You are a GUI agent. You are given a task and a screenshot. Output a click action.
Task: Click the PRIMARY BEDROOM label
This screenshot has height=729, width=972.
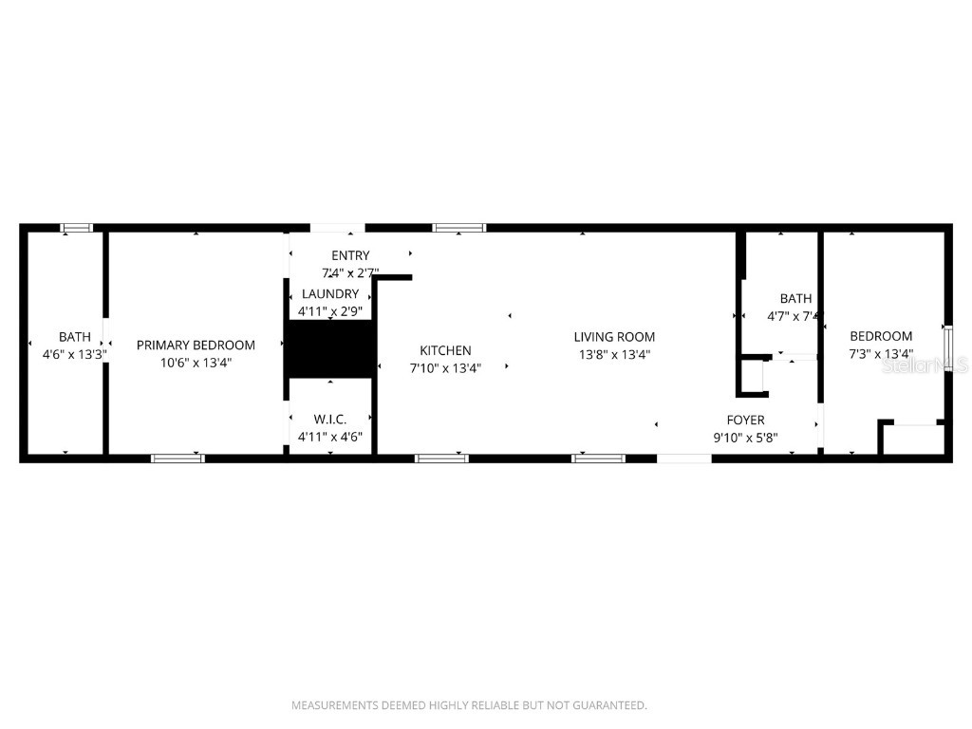click(x=196, y=346)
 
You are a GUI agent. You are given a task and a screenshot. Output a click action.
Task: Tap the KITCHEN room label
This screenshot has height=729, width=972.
click(x=445, y=351)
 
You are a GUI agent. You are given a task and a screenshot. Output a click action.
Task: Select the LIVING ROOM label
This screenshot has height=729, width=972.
click(x=614, y=337)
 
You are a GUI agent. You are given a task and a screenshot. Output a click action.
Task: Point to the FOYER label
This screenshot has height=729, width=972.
click(x=745, y=420)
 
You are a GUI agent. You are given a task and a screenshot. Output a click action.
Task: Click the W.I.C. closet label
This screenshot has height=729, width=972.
click(x=329, y=419)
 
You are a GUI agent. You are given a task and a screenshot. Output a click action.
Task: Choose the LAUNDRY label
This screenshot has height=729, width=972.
click(x=330, y=294)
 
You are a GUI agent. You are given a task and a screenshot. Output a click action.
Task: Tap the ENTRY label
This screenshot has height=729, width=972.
click(x=350, y=255)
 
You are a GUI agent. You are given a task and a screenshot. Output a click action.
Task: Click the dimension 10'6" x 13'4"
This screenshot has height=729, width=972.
click(x=196, y=363)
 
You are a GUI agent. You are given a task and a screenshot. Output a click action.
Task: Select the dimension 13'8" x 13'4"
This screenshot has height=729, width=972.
click(x=614, y=355)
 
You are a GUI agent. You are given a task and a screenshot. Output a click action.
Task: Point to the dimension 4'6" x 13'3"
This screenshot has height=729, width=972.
click(x=75, y=354)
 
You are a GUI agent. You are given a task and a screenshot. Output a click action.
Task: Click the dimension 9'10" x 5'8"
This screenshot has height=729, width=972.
click(x=745, y=438)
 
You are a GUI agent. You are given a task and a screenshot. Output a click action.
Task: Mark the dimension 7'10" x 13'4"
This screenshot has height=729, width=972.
click(x=445, y=368)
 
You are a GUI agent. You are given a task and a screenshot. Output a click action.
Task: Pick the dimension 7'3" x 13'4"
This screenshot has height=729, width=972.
click(x=881, y=354)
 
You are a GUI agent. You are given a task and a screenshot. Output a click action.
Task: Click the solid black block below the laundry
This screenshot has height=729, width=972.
click(x=329, y=348)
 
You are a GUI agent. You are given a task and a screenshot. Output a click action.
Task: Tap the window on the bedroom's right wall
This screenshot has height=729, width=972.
click(x=946, y=347)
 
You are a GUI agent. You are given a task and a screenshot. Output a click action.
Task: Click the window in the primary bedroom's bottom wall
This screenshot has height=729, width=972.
click(x=178, y=458)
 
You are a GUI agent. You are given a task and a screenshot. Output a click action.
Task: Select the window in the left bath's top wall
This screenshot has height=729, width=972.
click(x=76, y=228)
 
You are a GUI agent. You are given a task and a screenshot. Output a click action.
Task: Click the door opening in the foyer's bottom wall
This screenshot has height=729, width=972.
click(x=684, y=458)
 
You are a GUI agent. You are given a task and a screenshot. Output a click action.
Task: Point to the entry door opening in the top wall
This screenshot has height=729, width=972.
click(x=337, y=228)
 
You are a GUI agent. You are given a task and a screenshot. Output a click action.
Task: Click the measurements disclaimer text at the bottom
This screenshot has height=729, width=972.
click(x=469, y=705)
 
